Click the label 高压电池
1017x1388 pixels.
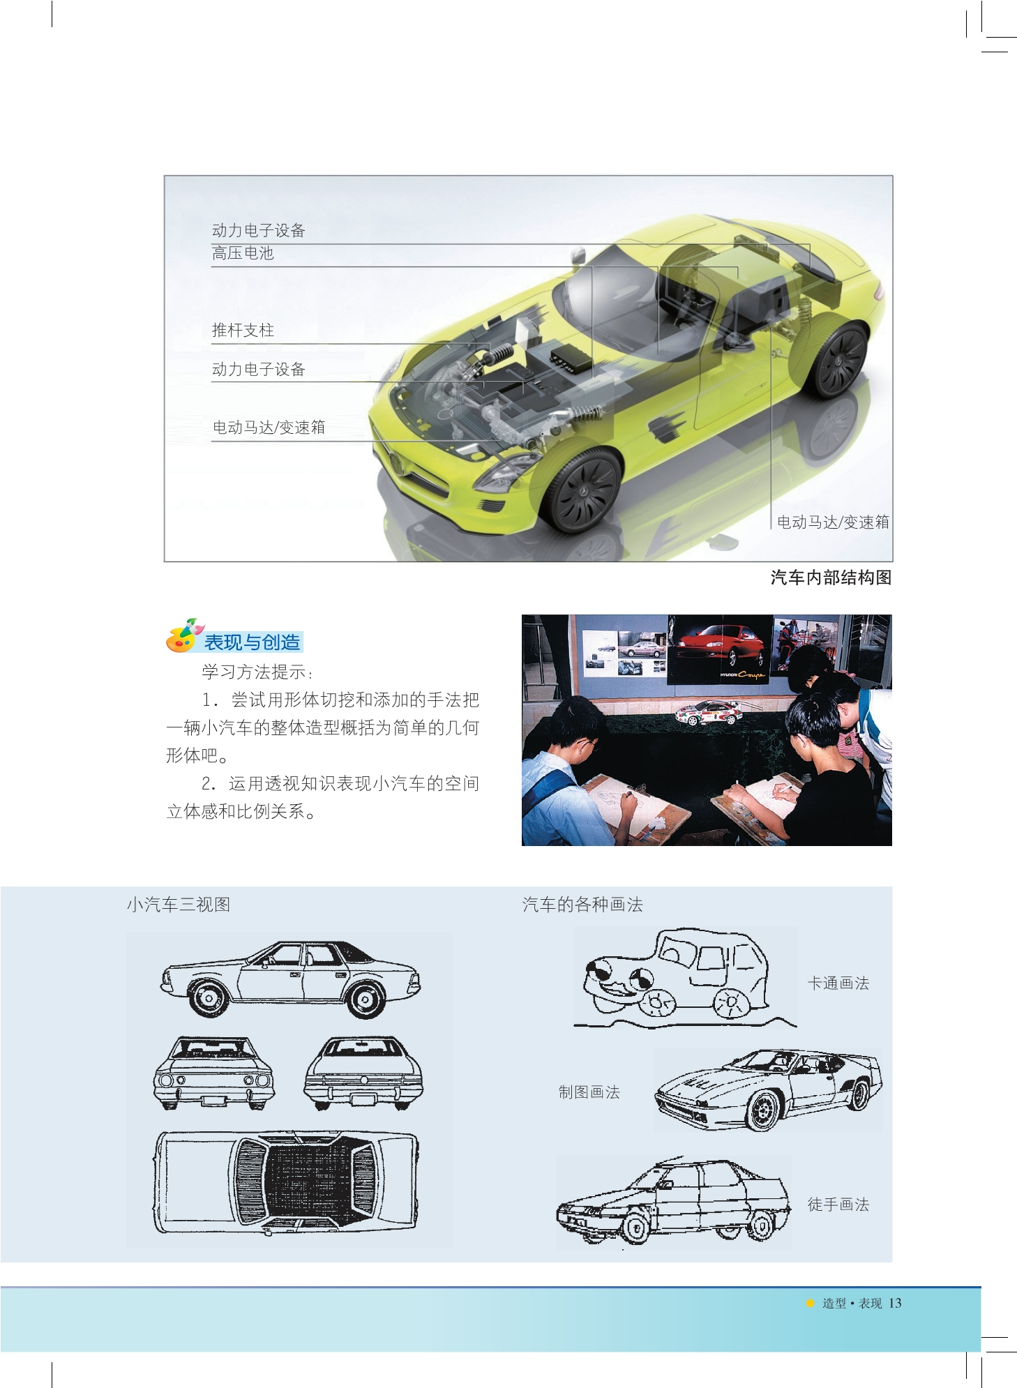pyautogui.click(x=243, y=253)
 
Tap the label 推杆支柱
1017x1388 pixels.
pyautogui.click(x=243, y=330)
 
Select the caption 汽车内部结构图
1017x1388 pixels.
pyautogui.click(x=831, y=578)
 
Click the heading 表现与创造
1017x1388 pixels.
pyautogui.click(x=252, y=642)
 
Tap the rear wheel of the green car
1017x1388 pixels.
pyautogui.click(x=839, y=360)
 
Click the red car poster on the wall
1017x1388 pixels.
pyautogui.click(x=721, y=648)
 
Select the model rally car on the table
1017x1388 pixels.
pyautogui.click(x=707, y=712)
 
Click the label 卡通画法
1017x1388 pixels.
pyautogui.click(x=838, y=983)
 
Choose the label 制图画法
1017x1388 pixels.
pyautogui.click(x=589, y=1092)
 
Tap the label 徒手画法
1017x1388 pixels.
pyautogui.click(x=838, y=1205)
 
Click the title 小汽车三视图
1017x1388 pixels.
pyautogui.click(x=179, y=905)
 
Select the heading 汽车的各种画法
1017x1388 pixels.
pyautogui.click(x=582, y=905)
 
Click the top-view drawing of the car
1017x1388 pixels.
pyautogui.click(x=286, y=1183)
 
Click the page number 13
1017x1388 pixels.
pyautogui.click(x=895, y=1303)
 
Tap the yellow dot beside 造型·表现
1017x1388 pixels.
pyautogui.click(x=810, y=1303)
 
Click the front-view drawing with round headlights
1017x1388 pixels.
pyautogui.click(x=213, y=1073)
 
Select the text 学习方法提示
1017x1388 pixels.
pyautogui.click(x=255, y=672)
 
